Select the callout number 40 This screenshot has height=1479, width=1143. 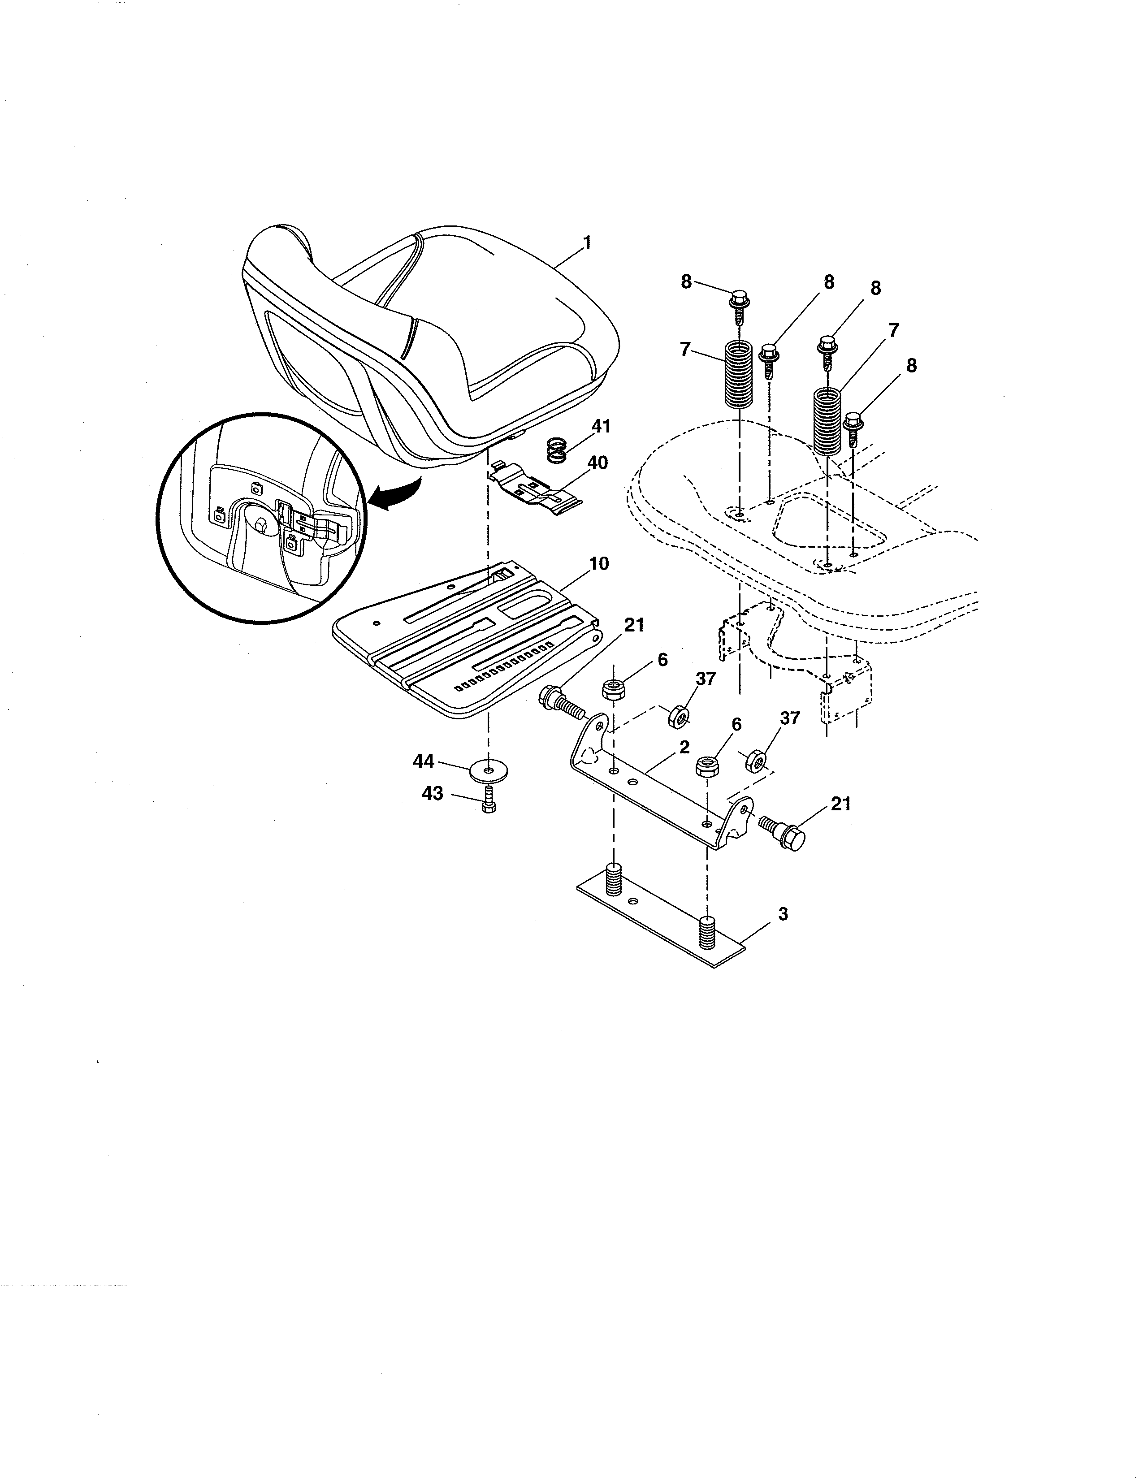597,463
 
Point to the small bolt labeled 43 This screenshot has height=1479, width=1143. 489,803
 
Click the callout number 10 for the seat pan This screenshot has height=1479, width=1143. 598,563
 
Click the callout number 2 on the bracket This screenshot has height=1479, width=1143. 684,748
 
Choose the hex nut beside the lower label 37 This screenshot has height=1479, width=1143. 756,761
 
